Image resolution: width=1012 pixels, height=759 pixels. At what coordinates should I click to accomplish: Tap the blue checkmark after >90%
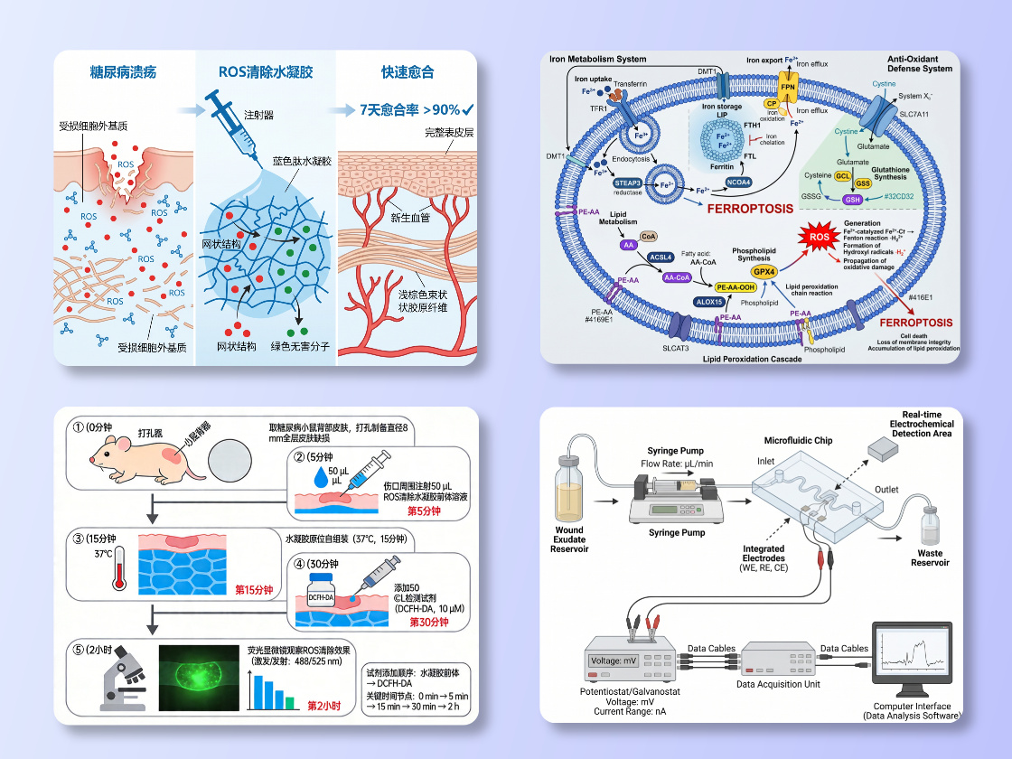click(468, 109)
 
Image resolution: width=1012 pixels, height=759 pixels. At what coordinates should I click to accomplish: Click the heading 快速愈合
click(408, 71)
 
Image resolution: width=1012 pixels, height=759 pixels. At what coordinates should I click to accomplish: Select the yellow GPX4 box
click(764, 270)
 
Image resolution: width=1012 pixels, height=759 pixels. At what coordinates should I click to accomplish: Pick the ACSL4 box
click(661, 257)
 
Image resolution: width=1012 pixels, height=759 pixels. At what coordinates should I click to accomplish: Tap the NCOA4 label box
click(738, 183)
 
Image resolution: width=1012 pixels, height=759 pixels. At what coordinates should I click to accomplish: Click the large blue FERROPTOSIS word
click(749, 208)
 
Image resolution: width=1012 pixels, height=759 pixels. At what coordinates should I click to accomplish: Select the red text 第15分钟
click(253, 590)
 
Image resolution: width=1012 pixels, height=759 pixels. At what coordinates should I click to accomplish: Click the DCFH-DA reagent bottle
click(323, 598)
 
